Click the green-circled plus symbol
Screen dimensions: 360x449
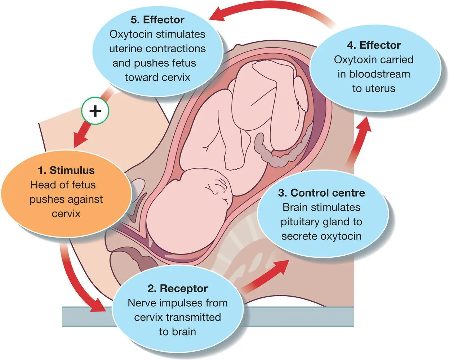point(95,111)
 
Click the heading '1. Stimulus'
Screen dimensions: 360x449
point(66,170)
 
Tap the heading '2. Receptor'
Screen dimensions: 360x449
point(177,288)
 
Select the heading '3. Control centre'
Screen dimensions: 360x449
point(321,193)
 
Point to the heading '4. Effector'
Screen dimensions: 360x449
point(374,45)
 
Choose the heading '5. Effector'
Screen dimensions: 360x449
point(157,19)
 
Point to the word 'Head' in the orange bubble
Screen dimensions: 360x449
point(42,185)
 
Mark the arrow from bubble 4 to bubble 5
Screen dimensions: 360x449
point(274,10)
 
